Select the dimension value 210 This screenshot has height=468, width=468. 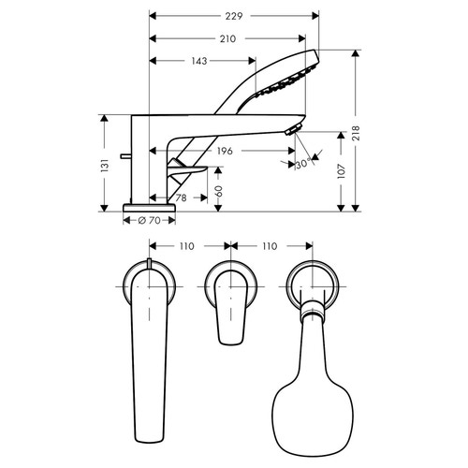click(x=227, y=38)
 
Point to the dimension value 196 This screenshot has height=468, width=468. click(x=224, y=151)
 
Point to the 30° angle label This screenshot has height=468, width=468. click(x=302, y=164)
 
